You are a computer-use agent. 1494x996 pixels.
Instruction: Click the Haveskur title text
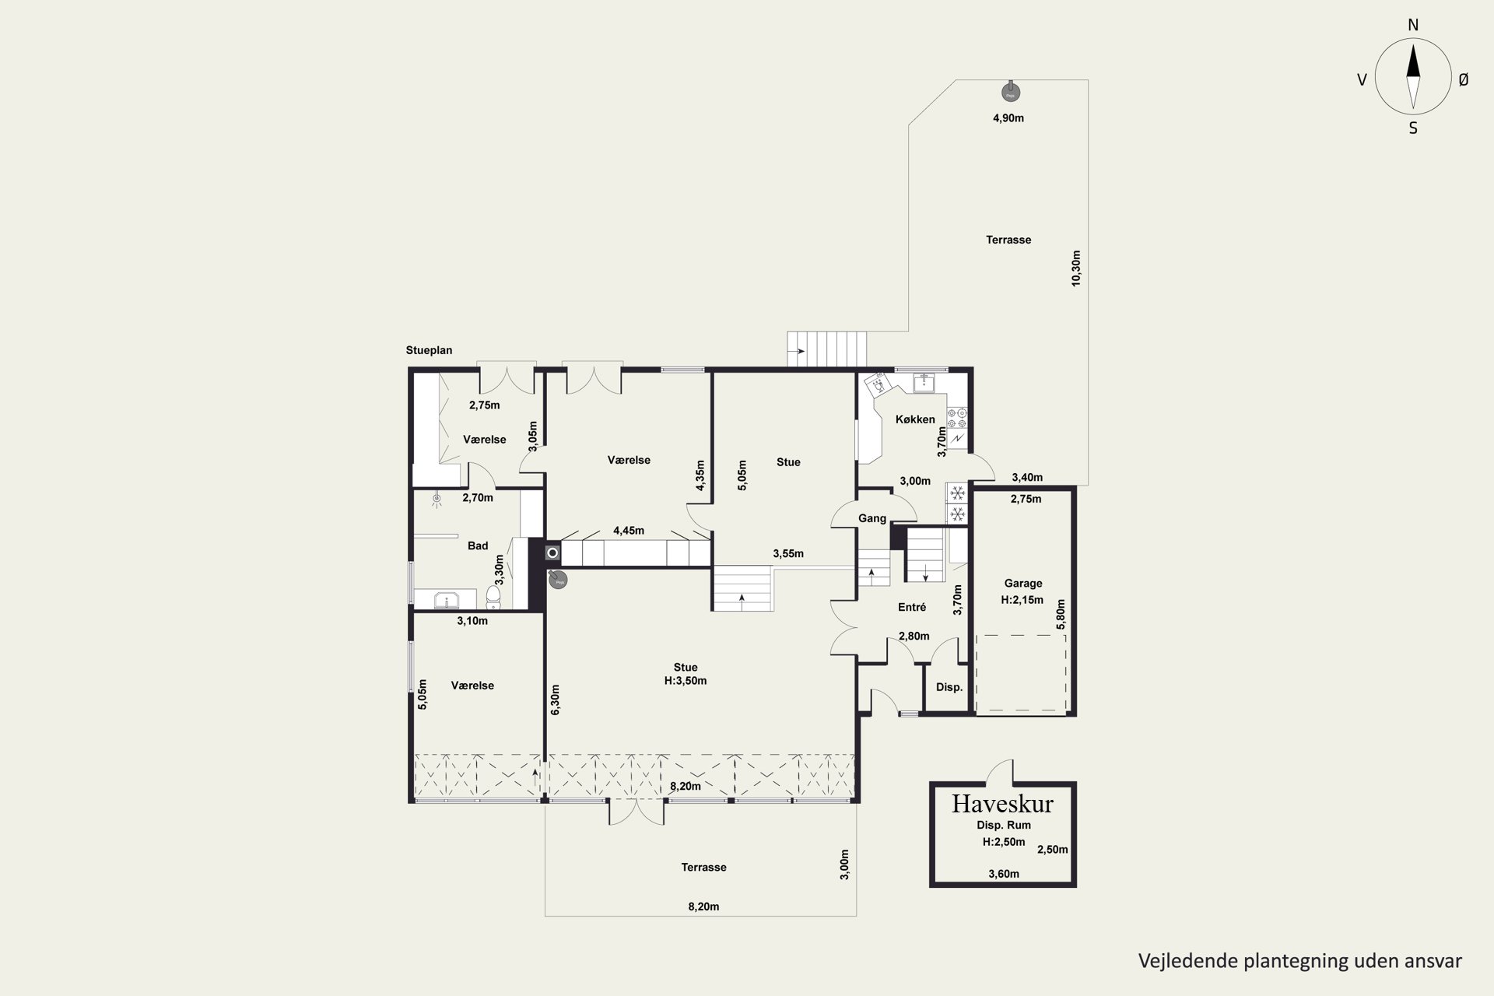pos(1002,803)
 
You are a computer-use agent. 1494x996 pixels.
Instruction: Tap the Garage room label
pos(1023,583)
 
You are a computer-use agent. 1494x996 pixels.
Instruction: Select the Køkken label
pos(915,419)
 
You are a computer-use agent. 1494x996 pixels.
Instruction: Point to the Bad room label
pos(478,545)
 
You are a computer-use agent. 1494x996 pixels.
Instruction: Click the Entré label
pos(912,608)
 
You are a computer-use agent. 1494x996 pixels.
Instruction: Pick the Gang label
pos(872,518)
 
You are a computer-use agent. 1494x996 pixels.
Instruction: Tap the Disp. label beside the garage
pos(949,687)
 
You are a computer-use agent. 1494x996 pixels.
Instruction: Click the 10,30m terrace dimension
pos(1076,268)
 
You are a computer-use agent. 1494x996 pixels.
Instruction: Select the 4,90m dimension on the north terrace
pos(1008,118)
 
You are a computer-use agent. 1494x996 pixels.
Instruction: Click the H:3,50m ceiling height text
pos(686,681)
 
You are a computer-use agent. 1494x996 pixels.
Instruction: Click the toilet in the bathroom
pos(493,597)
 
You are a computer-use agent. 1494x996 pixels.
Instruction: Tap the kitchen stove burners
pos(957,418)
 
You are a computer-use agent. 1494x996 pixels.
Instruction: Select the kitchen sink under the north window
pos(924,382)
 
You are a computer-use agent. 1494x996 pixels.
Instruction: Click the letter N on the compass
pos(1413,25)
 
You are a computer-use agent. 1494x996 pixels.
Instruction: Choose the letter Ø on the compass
pos(1463,79)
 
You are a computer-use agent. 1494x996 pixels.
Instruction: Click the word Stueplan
pos(429,350)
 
